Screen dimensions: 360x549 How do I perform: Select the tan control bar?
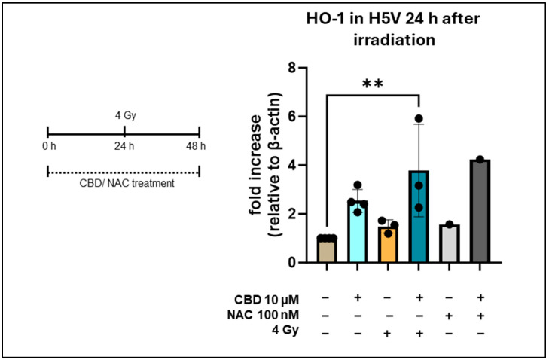(x=327, y=250)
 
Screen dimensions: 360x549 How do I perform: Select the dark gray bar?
(x=479, y=212)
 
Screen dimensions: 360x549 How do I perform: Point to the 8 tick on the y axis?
(x=300, y=69)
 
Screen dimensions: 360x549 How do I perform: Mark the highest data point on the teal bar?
(x=419, y=119)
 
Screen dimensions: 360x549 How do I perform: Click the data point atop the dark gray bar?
(x=479, y=160)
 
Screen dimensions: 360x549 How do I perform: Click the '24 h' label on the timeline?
(x=123, y=146)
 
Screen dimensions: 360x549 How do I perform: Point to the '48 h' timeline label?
(x=198, y=146)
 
